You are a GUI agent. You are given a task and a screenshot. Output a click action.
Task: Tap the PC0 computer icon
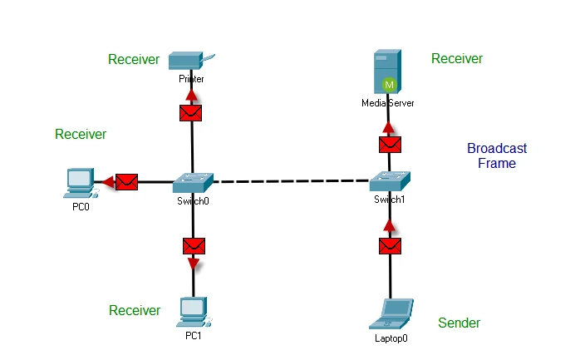(x=80, y=182)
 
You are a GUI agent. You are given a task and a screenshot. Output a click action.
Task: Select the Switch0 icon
(x=194, y=181)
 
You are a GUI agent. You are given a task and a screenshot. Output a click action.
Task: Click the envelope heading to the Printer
(x=192, y=111)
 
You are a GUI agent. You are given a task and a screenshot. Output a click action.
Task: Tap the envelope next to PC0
(x=126, y=181)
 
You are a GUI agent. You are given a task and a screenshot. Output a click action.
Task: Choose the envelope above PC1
(x=194, y=245)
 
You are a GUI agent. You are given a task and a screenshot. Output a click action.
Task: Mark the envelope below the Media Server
(x=390, y=144)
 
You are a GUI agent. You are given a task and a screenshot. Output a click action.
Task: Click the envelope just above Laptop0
(x=390, y=246)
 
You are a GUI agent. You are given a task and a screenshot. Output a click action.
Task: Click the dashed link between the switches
(x=292, y=180)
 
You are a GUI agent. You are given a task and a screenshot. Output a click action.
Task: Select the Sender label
(x=460, y=323)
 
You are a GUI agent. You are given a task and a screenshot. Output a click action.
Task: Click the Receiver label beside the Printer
(x=134, y=59)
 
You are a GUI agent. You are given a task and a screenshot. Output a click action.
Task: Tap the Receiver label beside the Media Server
(x=457, y=58)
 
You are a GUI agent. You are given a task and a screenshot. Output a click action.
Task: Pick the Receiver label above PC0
(x=81, y=134)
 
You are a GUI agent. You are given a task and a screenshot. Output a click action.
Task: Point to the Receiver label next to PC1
(x=135, y=310)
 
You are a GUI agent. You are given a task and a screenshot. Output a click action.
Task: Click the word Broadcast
(x=497, y=149)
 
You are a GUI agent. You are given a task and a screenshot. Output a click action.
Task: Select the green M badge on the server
(x=389, y=84)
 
